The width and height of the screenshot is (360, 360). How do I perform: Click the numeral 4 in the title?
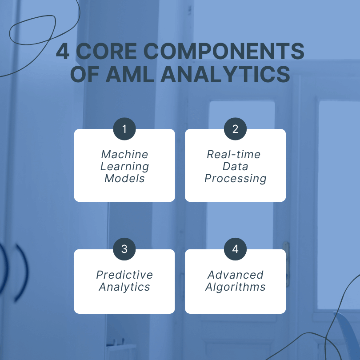point(63,51)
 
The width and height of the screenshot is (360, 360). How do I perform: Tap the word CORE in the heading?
point(106,51)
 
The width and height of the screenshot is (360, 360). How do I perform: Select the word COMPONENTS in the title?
point(224,51)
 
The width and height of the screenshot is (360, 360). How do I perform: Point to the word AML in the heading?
point(130,74)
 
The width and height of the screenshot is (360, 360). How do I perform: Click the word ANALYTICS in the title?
point(225,74)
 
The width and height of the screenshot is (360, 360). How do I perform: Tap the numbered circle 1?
point(124,129)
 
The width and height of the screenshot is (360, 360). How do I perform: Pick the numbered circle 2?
point(235,129)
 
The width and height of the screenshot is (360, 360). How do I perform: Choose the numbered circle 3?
point(124,249)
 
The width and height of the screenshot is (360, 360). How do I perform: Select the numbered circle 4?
point(235,249)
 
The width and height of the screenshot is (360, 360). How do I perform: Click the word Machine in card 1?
point(125,154)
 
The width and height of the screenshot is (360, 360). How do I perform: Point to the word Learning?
point(125,167)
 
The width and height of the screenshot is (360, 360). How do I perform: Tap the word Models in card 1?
point(125,178)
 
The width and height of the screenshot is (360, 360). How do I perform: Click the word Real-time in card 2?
point(234,154)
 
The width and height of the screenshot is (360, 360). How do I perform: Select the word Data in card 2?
point(235,167)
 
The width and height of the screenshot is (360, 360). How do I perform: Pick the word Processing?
point(236,179)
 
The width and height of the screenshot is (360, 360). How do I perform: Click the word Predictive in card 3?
point(124,275)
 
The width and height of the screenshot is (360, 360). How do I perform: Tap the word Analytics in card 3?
point(124,287)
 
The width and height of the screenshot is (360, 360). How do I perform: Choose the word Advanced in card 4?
point(235,275)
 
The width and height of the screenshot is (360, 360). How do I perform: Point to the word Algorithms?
point(235,287)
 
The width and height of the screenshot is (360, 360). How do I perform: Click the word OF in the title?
point(85,74)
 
